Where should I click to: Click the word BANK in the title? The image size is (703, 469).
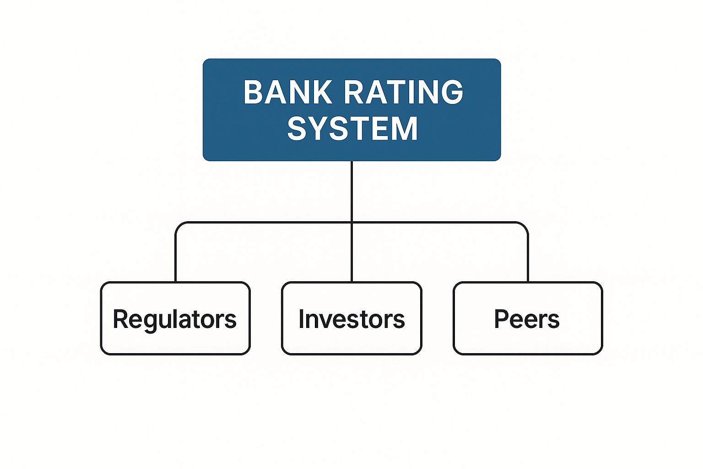coord(287,92)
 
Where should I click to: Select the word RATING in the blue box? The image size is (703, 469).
coord(403,92)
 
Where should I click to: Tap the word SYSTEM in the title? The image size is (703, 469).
coord(352,128)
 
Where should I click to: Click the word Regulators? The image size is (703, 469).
coord(175,319)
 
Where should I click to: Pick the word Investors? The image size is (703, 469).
coord(351,319)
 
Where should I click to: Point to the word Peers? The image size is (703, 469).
coord(527,319)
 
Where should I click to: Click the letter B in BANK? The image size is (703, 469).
coord(253,92)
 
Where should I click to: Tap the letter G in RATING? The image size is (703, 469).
coord(452,92)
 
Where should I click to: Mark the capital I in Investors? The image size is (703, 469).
coord(302,319)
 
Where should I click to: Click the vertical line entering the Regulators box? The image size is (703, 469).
coord(176,256)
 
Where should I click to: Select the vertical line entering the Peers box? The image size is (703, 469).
coord(528,256)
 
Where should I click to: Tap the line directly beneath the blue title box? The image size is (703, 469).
coord(351,188)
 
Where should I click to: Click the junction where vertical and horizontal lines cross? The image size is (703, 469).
coord(351,223)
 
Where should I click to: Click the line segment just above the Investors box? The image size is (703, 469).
coord(351,266)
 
